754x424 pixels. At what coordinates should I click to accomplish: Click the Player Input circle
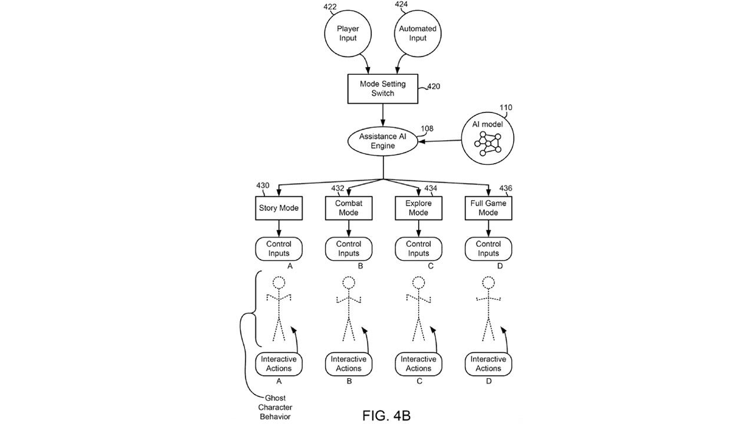click(348, 34)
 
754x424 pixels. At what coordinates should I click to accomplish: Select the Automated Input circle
click(417, 34)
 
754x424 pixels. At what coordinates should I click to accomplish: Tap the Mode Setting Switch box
click(383, 89)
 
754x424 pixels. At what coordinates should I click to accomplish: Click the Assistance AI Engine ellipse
click(383, 141)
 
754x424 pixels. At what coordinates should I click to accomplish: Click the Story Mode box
click(279, 208)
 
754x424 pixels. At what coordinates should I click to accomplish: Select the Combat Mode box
click(348, 208)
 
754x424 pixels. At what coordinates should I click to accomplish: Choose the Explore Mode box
click(418, 208)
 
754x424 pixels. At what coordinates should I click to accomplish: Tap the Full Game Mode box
click(488, 208)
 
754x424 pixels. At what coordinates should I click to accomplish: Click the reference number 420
click(433, 87)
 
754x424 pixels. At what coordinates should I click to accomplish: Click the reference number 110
click(505, 108)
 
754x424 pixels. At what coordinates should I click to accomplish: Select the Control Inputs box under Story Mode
click(279, 249)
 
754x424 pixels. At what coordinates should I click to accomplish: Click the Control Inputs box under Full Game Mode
click(488, 249)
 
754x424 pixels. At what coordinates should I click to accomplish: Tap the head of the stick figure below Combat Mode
click(349, 283)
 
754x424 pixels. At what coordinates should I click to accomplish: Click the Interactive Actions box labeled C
click(418, 364)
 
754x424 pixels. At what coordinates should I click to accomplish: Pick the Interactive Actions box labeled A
click(279, 364)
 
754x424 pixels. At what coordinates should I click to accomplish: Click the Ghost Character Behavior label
click(276, 408)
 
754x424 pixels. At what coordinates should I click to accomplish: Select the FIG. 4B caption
click(386, 415)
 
